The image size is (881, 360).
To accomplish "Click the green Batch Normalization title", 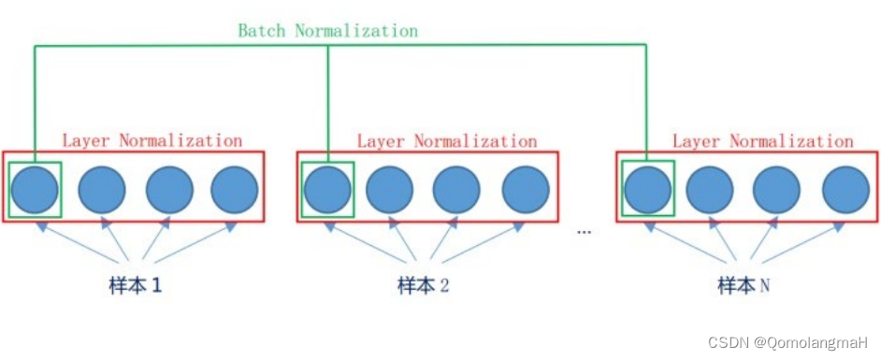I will (327, 30).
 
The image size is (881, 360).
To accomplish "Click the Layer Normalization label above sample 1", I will (152, 140).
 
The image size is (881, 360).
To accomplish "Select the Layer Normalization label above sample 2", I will (447, 140).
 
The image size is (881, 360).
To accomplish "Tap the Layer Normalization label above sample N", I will (762, 140).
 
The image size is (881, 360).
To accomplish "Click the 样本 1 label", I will (130, 285).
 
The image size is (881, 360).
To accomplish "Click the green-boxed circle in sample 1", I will (35, 189).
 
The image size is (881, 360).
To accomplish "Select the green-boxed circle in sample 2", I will (327, 189).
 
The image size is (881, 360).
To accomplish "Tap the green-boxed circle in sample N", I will (647, 189).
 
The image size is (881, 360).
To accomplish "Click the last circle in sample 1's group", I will (234, 189).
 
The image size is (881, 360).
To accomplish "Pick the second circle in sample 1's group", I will (102, 189).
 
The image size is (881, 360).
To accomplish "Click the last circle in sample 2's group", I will (526, 189).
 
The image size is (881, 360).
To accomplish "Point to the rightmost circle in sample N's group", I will (846, 189).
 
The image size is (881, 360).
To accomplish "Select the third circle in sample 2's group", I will (457, 189).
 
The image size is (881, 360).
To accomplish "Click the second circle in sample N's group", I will (710, 189).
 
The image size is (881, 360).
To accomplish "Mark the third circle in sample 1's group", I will (169, 189).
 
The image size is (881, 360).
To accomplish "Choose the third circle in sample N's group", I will (777, 189).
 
